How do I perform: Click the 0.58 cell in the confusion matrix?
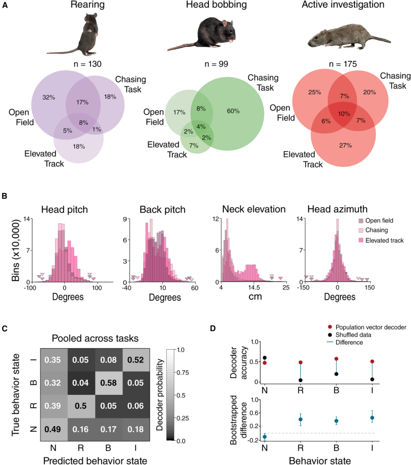pos(108,382)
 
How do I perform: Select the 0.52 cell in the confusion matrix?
pos(136,360)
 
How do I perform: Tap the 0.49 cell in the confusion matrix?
pos(53,429)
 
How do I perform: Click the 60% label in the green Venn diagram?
pos(233,111)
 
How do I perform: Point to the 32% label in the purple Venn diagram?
pos(49,97)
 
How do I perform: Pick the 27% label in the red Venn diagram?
pos(345,145)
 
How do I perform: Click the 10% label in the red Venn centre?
pos(344,114)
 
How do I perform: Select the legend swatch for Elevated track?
pos(361,240)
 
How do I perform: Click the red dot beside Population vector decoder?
pos(330,327)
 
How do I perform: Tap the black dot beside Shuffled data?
pos(330,335)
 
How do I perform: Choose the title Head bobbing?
pos(216,5)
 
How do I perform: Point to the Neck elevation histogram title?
pos(253,209)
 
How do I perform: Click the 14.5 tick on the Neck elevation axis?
pos(254,288)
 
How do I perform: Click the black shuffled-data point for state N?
pos(264,358)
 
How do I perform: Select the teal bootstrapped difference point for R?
pos(300,419)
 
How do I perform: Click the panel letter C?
pos(5,328)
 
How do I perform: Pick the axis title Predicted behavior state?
pos(95,461)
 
